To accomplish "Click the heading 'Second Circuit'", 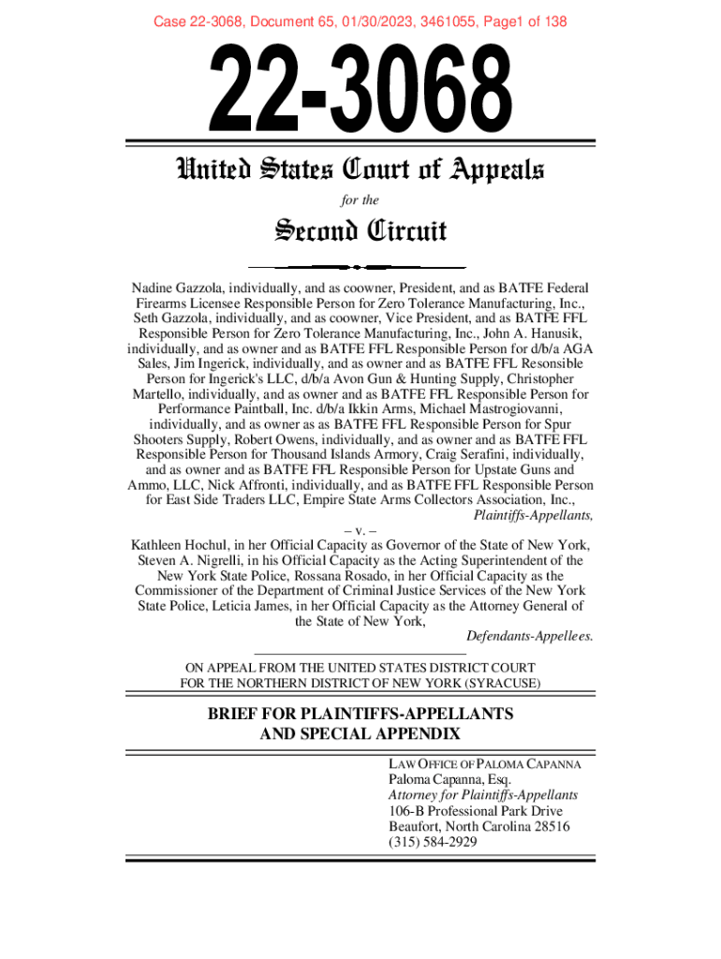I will [x=360, y=230].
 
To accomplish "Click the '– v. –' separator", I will [x=360, y=529].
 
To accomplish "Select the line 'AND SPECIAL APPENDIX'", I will [x=360, y=732].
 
